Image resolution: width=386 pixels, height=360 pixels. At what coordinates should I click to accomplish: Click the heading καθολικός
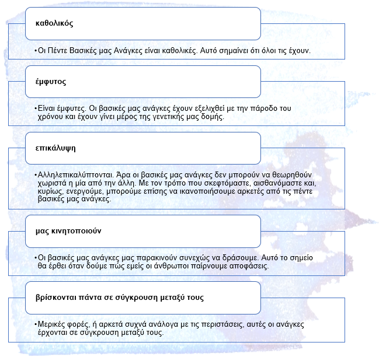pyautogui.click(x=54, y=24)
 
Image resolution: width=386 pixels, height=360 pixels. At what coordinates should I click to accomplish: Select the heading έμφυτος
pyautogui.click(x=50, y=82)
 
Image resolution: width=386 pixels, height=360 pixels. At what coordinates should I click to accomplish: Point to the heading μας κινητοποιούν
pyautogui.click(x=68, y=231)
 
